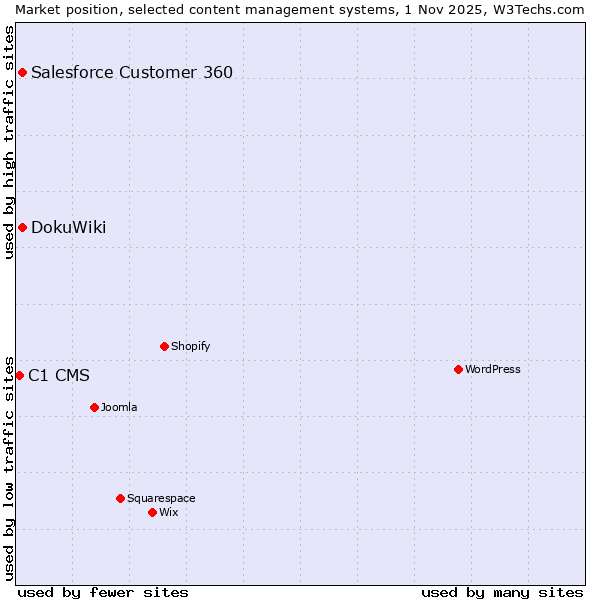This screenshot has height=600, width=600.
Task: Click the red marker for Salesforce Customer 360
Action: pyautogui.click(x=22, y=72)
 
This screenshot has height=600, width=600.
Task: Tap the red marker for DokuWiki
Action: pyautogui.click(x=22, y=227)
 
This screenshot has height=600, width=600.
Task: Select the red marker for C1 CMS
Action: pyautogui.click(x=19, y=375)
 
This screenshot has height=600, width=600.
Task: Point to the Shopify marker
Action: pyautogui.click(x=164, y=346)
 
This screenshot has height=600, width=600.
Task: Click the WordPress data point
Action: pyautogui.click(x=458, y=369)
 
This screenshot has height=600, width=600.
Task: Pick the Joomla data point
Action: pyautogui.click(x=94, y=407)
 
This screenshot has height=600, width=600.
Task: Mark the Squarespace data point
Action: pyautogui.click(x=120, y=498)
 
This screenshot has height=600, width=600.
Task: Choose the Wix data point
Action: pyautogui.click(x=152, y=512)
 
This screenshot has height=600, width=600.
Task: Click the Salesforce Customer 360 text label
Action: pyautogui.click(x=132, y=72)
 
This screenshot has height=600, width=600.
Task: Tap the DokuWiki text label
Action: pyautogui.click(x=68, y=227)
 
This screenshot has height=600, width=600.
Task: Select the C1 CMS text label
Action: pyautogui.click(x=59, y=376)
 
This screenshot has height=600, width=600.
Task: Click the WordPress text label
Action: pyautogui.click(x=493, y=369)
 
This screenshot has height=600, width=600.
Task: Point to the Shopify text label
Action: pyautogui.click(x=190, y=346)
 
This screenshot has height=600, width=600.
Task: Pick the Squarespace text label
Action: pyautogui.click(x=161, y=498)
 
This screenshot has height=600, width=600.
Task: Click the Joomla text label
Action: pyautogui.click(x=119, y=407)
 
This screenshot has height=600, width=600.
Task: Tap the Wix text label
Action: pyautogui.click(x=168, y=512)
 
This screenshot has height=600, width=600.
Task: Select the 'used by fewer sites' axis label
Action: pyautogui.click(x=103, y=592)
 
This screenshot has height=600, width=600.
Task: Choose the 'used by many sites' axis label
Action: pyautogui.click(x=502, y=592)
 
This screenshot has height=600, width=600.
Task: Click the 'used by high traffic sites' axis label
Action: pyautogui.click(x=9, y=142)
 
